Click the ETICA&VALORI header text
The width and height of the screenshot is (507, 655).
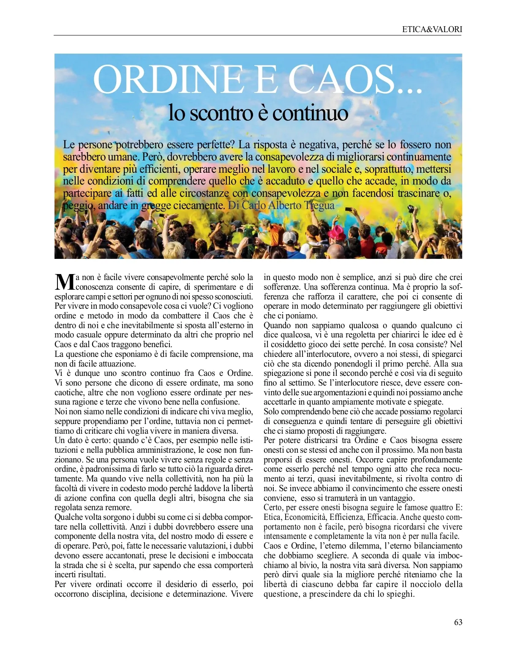tap(432, 30)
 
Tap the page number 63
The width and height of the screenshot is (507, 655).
tap(458, 622)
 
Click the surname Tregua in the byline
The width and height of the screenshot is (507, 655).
tap(319, 206)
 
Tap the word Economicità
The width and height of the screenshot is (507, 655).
tap(304, 517)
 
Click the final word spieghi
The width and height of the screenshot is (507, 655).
tap(400, 594)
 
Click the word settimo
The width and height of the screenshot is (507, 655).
tap(293, 383)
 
